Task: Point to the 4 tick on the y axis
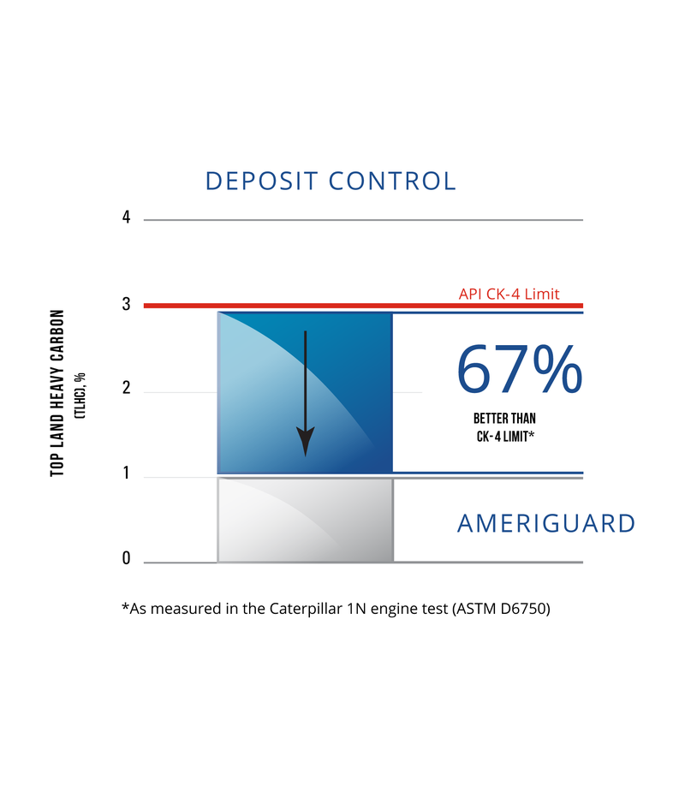(x=127, y=218)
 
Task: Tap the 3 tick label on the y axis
(x=127, y=304)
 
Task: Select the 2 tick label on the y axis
(x=127, y=389)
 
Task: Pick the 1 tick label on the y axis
(x=127, y=473)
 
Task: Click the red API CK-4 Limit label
(x=509, y=295)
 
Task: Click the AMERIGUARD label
(x=546, y=523)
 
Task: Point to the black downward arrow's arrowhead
(x=305, y=443)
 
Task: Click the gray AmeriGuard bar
(x=305, y=520)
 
